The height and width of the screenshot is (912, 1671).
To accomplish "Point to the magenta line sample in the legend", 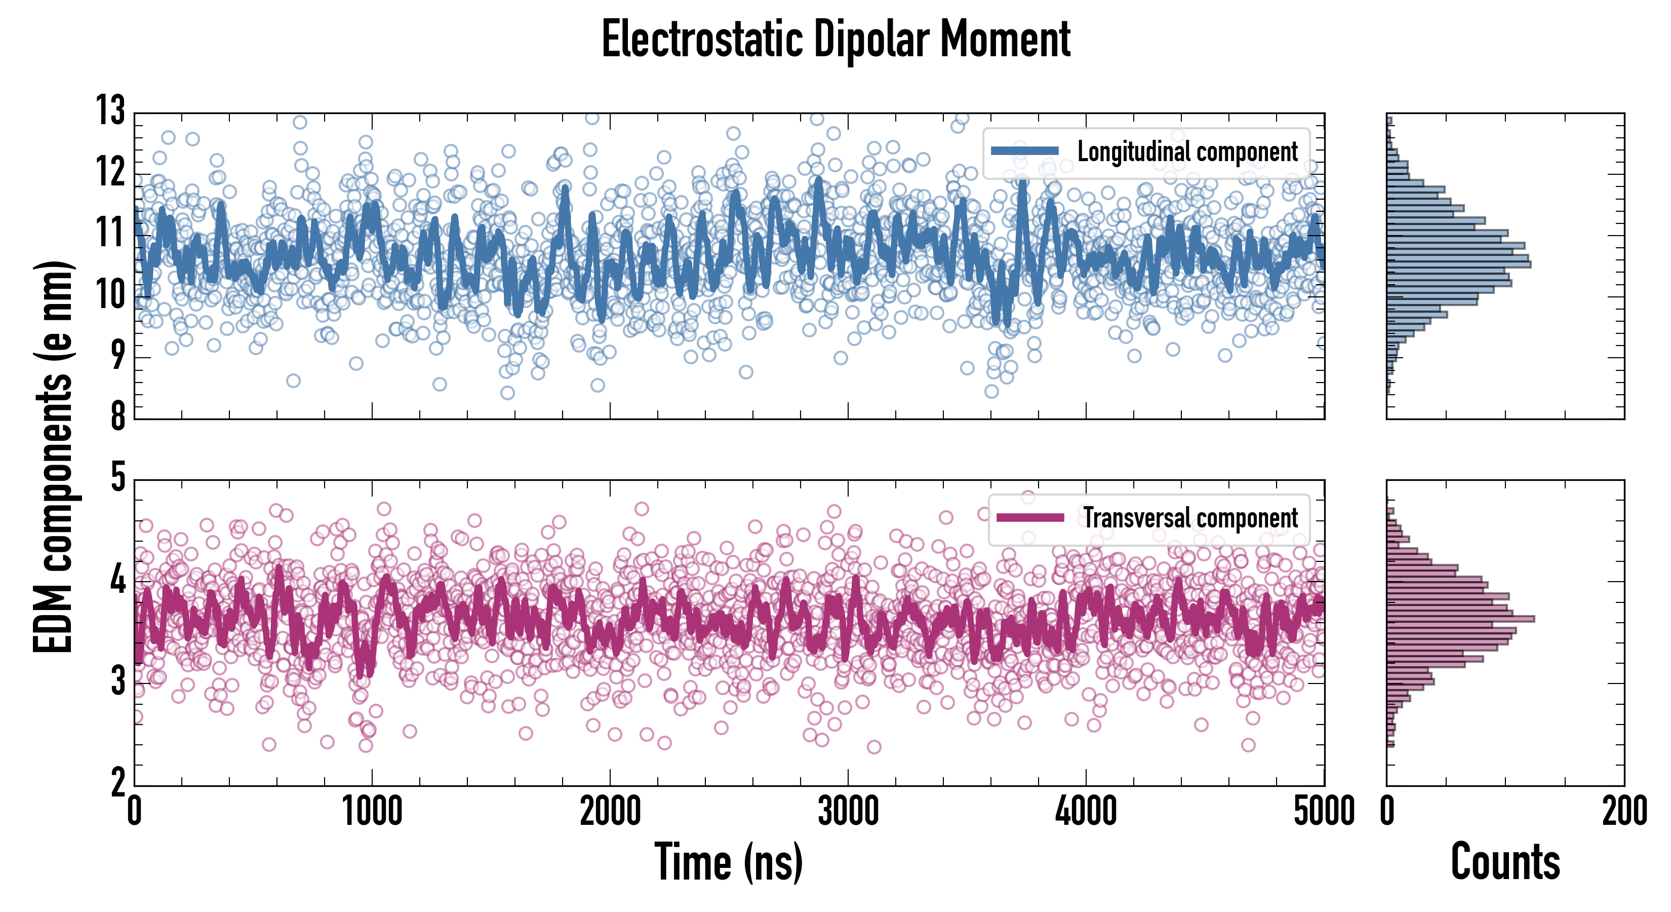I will [x=1029, y=518].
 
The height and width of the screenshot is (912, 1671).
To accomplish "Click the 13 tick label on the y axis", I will [x=110, y=110].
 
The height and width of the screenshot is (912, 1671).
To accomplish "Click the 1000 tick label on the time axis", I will [x=372, y=811].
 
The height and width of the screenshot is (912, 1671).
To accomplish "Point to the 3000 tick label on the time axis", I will [x=848, y=811].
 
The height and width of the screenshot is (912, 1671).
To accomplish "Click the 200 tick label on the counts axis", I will [x=1623, y=811].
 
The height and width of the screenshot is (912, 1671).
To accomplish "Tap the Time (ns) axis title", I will [x=729, y=862].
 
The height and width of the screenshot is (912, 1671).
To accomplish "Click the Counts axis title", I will [x=1505, y=862].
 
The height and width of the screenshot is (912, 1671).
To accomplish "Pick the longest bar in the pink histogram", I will [x=1460, y=619].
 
